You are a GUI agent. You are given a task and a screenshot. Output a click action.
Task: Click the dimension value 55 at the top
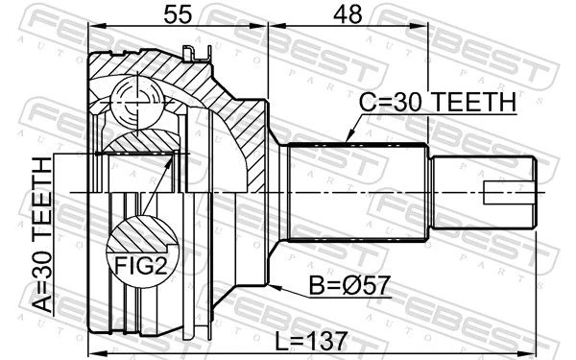point(178,15)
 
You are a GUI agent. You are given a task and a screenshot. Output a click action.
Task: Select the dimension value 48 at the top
point(348,15)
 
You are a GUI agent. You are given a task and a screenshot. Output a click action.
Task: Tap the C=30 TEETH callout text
point(438,102)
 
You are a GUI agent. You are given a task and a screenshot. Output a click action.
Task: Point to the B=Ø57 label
point(349,285)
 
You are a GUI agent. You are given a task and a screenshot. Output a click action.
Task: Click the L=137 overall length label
point(311,341)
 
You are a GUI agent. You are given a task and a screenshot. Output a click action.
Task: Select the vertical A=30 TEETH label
point(42,235)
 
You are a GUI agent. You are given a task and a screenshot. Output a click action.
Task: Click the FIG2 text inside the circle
point(141,265)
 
